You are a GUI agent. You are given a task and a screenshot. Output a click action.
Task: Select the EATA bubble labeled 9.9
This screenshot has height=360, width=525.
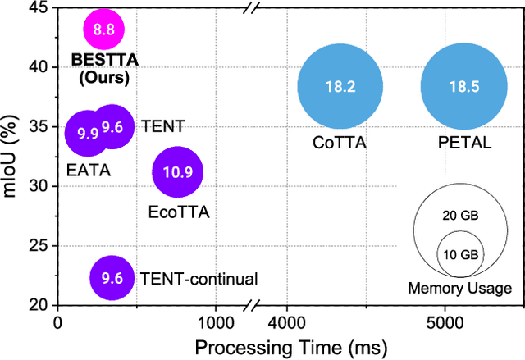tap(85, 132)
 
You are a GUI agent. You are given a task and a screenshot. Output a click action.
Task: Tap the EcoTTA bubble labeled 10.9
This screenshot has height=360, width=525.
tap(177, 172)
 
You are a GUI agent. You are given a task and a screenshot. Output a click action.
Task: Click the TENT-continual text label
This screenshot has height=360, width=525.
tap(199, 279)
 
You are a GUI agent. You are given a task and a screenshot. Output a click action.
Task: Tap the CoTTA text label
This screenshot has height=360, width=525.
tap(339, 143)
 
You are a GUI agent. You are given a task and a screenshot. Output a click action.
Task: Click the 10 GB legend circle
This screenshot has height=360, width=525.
tap(459, 255)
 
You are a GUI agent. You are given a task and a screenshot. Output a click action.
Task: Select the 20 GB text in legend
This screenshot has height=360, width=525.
tap(459, 216)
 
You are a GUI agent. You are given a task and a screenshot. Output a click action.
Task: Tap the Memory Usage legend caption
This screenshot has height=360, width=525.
tap(459, 288)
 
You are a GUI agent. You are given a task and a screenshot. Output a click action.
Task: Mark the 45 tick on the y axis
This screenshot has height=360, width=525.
tap(38, 8)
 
